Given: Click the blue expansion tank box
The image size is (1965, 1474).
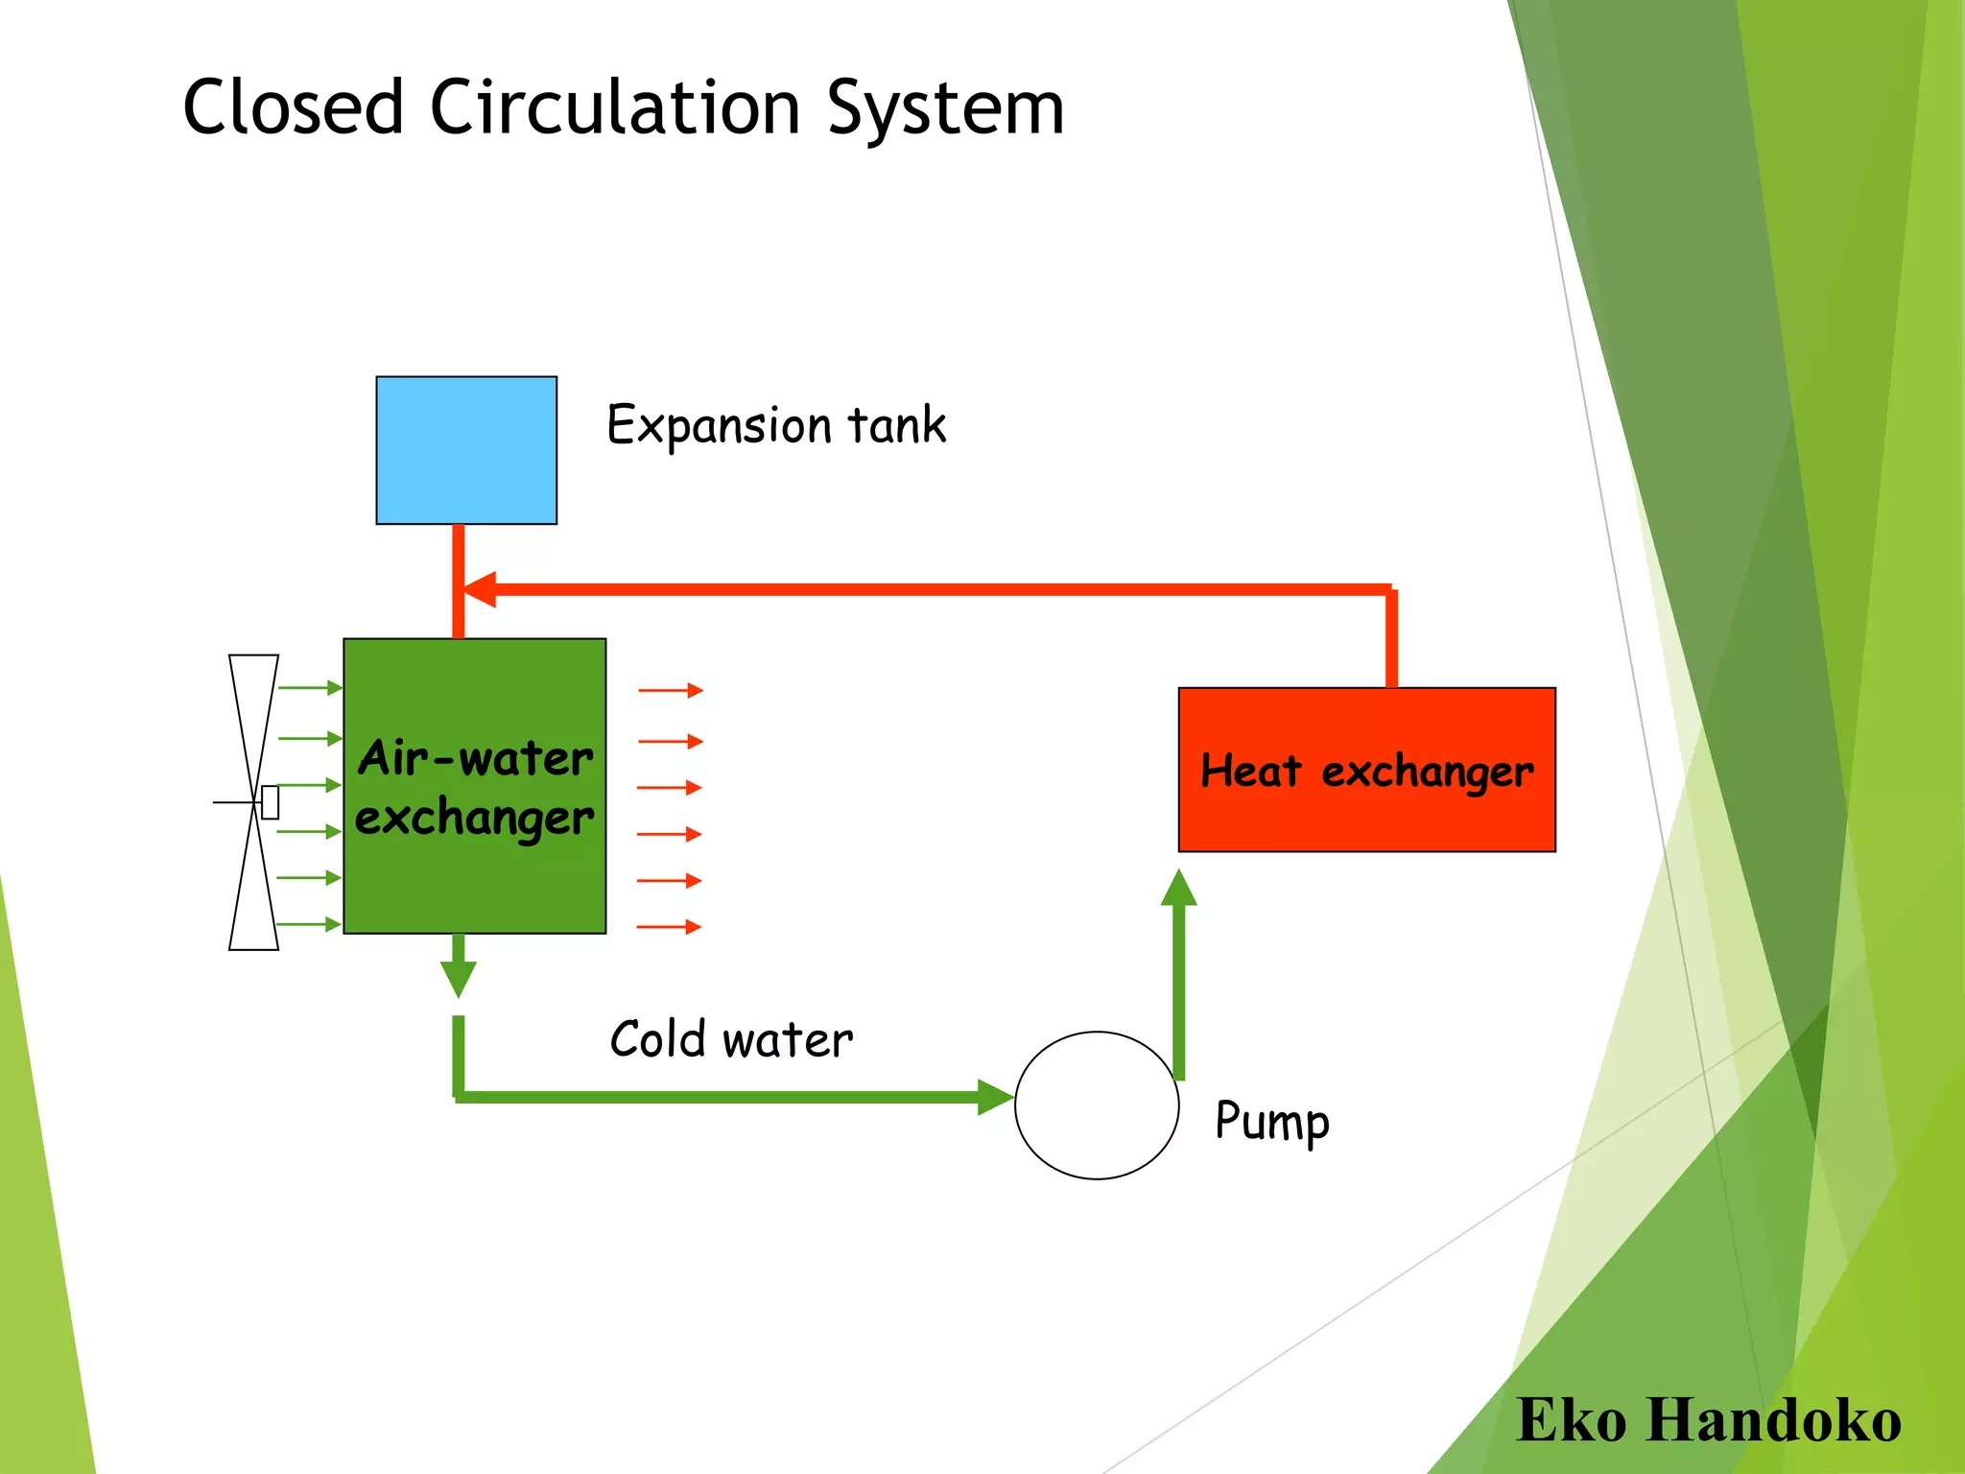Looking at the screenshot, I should point(466,450).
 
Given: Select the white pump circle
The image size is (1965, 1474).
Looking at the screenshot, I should point(1097,1105).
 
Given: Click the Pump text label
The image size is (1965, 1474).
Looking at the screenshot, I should point(1271,1122).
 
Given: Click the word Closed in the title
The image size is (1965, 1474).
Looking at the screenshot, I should point(293,107).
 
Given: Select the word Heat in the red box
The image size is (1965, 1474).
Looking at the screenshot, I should point(1251,771).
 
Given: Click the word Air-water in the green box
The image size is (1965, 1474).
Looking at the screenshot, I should point(476,758).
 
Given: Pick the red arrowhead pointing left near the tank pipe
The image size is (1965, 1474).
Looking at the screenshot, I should point(480,589).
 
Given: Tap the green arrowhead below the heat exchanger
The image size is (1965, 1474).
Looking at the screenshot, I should point(1178,889).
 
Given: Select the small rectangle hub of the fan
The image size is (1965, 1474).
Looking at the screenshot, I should point(270,802).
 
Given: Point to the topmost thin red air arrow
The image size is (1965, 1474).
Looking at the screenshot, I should point(671,690).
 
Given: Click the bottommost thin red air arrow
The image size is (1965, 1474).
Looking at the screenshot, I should point(669,927).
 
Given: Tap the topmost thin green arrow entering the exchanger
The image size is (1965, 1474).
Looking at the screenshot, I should point(309,688).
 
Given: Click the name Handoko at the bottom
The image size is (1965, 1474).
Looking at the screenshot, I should point(1774,1420).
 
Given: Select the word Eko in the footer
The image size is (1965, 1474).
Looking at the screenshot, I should point(1571,1420).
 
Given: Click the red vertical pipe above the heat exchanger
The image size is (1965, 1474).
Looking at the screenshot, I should point(1391,638).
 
